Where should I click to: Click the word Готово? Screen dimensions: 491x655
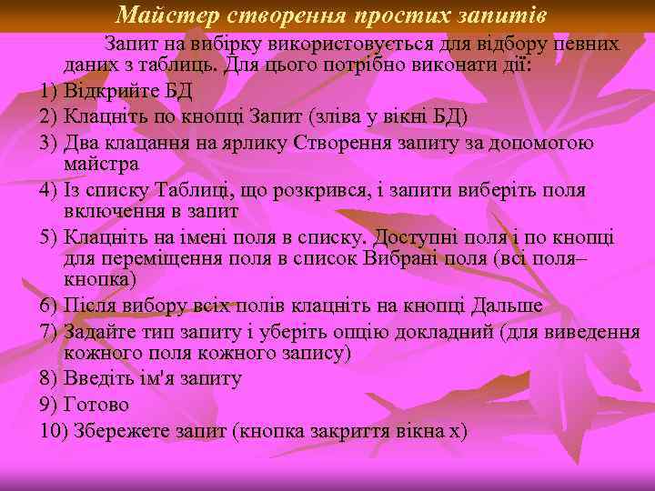(96, 404)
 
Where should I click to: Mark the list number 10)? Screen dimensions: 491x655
(53, 428)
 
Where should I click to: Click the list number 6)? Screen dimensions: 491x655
(49, 306)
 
